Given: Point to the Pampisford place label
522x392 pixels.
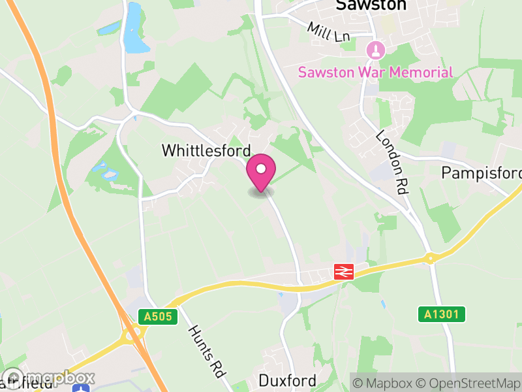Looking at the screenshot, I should pyautogui.click(x=482, y=173).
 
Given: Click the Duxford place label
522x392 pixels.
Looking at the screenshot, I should pyautogui.click(x=287, y=380).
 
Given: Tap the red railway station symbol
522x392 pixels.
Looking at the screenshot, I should pyautogui.click(x=344, y=271).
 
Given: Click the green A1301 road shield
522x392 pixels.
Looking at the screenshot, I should pyautogui.click(x=441, y=314).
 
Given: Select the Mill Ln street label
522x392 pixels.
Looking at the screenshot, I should pyautogui.click(x=330, y=32).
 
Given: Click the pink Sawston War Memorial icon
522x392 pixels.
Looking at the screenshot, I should pyautogui.click(x=375, y=50).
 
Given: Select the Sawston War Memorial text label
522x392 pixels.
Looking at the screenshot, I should pyautogui.click(x=375, y=72).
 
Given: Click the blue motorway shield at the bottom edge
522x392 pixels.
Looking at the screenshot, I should pyautogui.click(x=81, y=388).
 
